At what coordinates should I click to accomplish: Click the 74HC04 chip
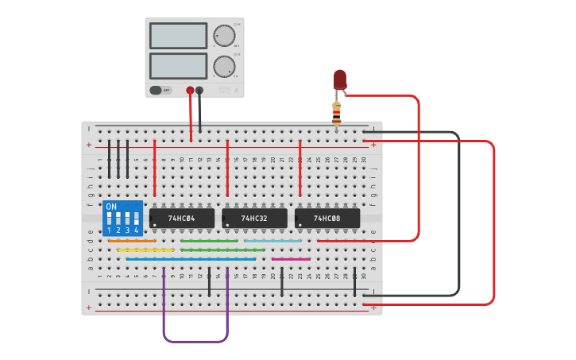(x=181, y=218)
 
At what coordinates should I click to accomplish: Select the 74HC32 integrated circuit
(x=254, y=218)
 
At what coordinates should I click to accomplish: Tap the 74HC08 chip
(x=327, y=218)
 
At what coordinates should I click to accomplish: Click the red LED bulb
(x=340, y=79)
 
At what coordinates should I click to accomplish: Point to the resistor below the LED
(x=337, y=113)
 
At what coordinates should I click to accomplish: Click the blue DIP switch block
(x=122, y=219)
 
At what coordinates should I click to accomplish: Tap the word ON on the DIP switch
(x=111, y=207)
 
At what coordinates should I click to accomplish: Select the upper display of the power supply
(x=178, y=36)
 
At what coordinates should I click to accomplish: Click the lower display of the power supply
(x=178, y=65)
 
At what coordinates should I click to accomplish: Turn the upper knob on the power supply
(x=224, y=37)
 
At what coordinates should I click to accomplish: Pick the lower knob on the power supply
(x=224, y=66)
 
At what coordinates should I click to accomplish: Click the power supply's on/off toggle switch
(x=157, y=90)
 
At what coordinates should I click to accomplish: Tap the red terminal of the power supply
(x=190, y=91)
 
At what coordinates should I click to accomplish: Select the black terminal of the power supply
(x=199, y=91)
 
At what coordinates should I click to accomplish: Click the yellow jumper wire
(x=145, y=250)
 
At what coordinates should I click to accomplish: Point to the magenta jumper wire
(x=291, y=259)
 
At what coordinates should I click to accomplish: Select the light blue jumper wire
(x=273, y=241)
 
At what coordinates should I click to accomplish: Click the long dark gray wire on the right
(x=458, y=215)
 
